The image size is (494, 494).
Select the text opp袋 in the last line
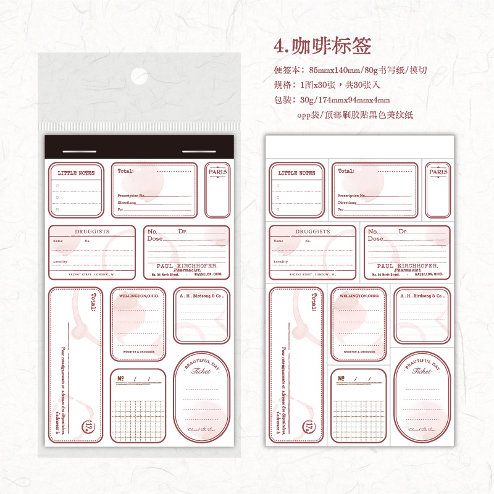pyautogui.click(x=309, y=115)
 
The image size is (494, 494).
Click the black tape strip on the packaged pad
pyautogui.click(x=140, y=149)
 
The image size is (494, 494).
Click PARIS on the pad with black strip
pyautogui.click(x=217, y=172)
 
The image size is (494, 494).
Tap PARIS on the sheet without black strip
pyautogui.click(x=438, y=172)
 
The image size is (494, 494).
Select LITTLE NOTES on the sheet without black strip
pyautogui.click(x=296, y=173)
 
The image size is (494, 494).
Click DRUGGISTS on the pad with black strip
pyautogui.click(x=91, y=231)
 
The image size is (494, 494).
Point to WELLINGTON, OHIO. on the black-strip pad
pyautogui.click(x=138, y=296)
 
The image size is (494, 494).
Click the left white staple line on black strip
pyautogui.click(x=79, y=151)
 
